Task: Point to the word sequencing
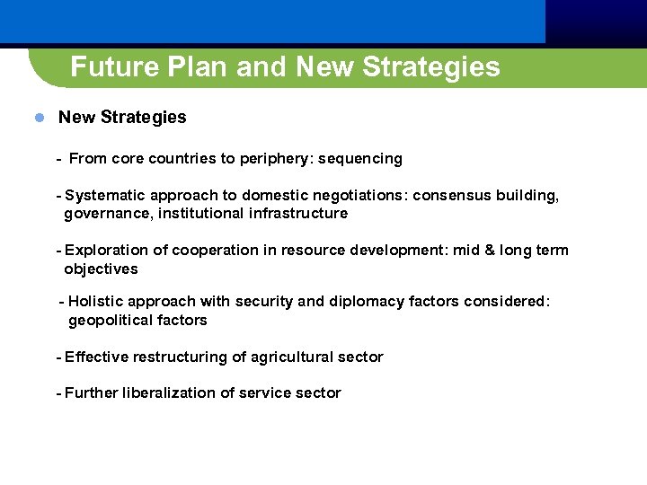tap(360, 159)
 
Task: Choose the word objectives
tap(101, 269)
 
